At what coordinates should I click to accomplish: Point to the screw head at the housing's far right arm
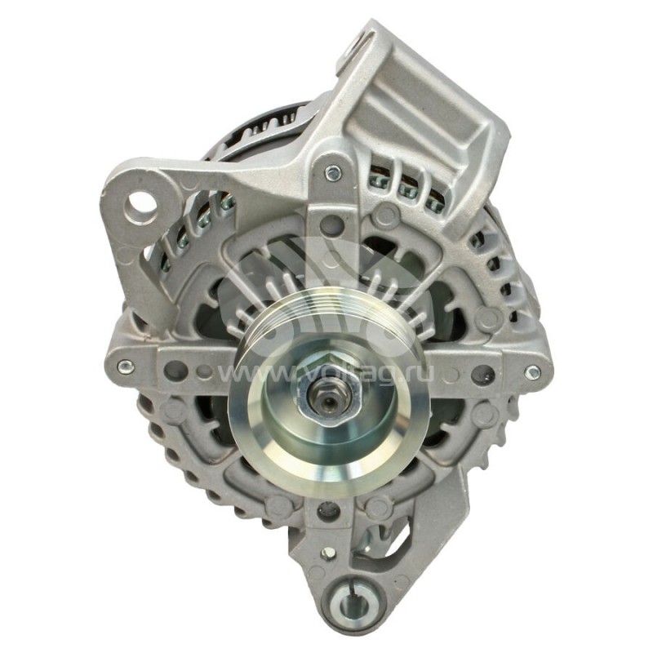click(x=532, y=372)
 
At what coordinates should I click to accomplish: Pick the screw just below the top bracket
click(x=332, y=173)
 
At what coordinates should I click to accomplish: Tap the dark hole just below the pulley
click(x=327, y=511)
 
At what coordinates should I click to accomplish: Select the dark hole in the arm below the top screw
click(x=329, y=222)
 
